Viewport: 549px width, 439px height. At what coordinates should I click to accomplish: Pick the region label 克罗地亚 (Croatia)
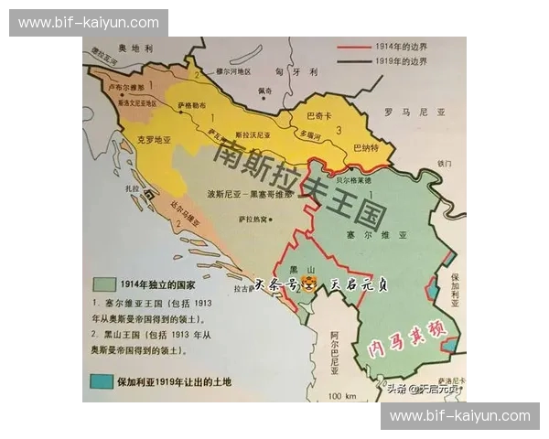point(154,140)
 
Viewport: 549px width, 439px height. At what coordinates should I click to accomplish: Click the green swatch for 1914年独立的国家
point(101,284)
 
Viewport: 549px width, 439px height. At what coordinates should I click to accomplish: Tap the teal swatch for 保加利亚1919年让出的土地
point(100,380)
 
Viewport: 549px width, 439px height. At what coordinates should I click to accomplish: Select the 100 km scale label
point(344,395)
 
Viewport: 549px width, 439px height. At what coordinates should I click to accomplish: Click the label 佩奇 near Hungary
point(264,91)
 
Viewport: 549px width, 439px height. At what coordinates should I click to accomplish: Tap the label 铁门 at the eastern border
point(445,164)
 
